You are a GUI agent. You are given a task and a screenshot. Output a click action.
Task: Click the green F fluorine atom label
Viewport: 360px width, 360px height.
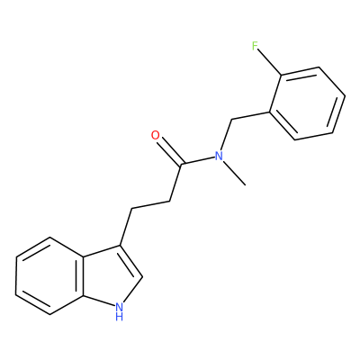pos(255,46)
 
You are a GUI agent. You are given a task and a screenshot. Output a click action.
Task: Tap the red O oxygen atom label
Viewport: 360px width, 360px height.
pos(156,136)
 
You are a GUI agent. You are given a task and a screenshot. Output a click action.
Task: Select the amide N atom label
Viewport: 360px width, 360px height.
pos(219,156)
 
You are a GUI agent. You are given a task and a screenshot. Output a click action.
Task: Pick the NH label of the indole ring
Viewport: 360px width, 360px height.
pos(119,310)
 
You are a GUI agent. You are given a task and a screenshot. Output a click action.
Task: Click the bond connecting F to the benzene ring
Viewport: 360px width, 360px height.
pos(270,63)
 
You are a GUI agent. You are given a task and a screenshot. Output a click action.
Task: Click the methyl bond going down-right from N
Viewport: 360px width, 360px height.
pos(236,175)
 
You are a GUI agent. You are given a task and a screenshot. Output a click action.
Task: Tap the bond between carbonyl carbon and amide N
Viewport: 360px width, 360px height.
pos(197,160)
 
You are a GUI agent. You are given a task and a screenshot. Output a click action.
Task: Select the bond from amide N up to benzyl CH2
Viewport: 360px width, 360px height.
pos(226,135)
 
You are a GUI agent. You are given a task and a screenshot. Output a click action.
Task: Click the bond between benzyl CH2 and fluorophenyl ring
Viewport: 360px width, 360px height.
pos(251,116)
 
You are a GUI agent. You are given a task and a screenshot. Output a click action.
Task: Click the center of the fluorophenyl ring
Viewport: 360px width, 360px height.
pos(308,103)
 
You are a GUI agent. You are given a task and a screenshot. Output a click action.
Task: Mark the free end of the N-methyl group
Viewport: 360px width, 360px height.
pos(246,185)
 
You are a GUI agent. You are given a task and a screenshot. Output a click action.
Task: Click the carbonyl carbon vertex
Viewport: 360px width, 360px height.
pos(181,165)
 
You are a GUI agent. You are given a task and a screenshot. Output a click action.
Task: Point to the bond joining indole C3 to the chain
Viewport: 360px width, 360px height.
pos(126,227)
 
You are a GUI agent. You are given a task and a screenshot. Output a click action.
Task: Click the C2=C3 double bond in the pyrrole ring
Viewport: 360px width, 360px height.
pos(130,261)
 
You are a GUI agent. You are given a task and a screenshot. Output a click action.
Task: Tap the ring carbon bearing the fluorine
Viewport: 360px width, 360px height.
pos(281,75)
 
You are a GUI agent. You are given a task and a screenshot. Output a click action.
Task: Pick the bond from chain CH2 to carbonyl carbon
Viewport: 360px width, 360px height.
pos(175,183)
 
